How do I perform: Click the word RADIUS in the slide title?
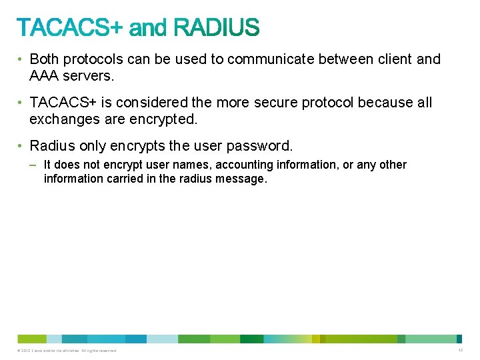point(216,27)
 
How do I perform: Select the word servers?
point(91,76)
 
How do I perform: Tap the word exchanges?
point(63,120)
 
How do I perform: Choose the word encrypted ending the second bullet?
point(164,120)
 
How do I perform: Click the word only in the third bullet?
point(95,146)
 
